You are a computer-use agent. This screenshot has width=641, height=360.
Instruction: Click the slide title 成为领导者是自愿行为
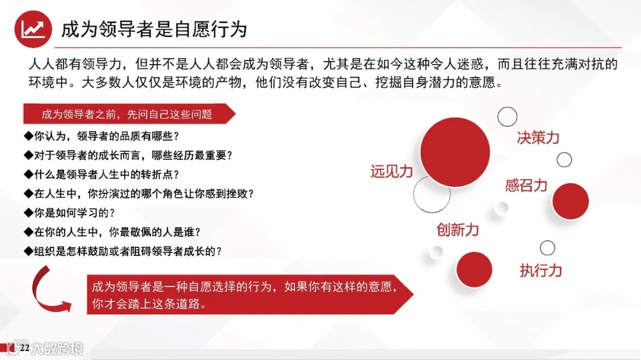tap(154, 29)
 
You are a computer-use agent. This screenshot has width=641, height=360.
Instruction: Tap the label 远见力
tap(391, 171)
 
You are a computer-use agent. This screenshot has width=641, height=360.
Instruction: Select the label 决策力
tap(538, 138)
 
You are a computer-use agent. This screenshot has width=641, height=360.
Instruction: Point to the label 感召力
tap(526, 186)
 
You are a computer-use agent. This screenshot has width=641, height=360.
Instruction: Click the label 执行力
tap(541, 271)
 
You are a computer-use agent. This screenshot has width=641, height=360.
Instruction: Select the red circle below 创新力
tap(474, 270)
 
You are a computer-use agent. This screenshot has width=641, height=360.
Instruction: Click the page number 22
tap(24, 348)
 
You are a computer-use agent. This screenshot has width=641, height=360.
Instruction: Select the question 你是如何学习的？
tap(69, 212)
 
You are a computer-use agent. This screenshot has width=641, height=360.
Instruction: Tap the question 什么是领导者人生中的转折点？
tap(101, 174)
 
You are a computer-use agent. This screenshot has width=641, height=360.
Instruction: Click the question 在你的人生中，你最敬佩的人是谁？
tap(116, 231)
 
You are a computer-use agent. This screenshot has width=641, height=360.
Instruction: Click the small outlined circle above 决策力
tap(507, 116)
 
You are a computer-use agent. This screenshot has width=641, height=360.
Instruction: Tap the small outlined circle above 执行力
tap(547, 248)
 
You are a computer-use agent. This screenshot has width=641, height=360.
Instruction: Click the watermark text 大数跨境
tap(57, 348)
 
